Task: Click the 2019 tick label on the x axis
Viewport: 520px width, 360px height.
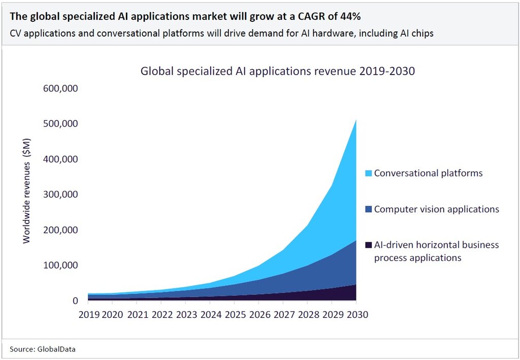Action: [88, 315]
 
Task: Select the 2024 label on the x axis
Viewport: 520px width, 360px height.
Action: [211, 315]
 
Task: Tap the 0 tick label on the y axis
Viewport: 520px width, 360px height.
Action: [75, 301]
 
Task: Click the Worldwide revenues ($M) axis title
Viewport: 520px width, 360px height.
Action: [27, 190]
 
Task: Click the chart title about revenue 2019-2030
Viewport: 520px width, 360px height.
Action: [277, 71]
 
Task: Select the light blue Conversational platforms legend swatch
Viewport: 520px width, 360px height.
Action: [369, 174]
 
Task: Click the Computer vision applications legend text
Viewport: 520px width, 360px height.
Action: [436, 209]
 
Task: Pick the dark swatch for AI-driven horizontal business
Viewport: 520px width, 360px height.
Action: [369, 245]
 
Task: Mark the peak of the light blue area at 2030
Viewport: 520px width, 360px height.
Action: [355, 120]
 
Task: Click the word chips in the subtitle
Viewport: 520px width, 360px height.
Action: [423, 34]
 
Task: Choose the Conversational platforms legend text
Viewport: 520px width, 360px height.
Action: [428, 173]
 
